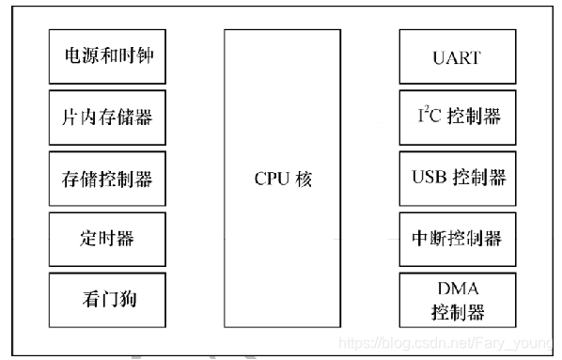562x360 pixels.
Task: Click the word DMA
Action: [x=459, y=290]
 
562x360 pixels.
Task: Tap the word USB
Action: [x=429, y=178]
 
